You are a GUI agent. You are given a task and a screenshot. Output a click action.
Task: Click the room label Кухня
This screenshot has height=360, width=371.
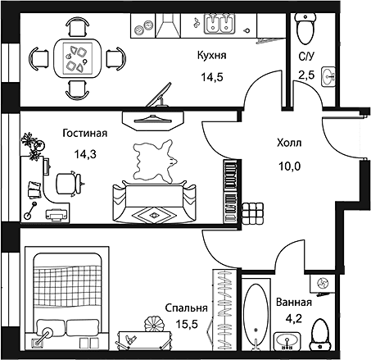[212, 56]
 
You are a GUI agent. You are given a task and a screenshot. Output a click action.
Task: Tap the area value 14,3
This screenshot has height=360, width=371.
[85, 155]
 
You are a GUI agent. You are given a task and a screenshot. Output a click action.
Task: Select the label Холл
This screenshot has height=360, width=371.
[289, 143]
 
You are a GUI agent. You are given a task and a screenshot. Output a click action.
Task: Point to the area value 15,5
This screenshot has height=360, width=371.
[187, 324]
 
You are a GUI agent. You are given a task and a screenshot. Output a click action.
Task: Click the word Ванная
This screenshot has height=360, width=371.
[294, 303]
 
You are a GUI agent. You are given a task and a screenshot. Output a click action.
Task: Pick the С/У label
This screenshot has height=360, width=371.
[306, 57]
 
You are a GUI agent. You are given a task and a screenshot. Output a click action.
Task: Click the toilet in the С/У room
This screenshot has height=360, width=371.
[305, 29]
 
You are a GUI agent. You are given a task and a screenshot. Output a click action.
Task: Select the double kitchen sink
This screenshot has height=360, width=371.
[219, 24]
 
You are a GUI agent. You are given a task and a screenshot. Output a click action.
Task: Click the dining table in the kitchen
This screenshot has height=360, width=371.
[78, 58]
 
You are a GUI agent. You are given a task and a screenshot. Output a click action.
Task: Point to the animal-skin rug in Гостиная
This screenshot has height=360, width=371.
[154, 162]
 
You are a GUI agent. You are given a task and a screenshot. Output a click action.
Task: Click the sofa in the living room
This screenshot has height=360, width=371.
[155, 203]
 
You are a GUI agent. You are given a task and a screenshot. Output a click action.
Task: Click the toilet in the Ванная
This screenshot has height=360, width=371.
[321, 335]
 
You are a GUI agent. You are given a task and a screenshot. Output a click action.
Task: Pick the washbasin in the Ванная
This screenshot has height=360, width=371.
[287, 341]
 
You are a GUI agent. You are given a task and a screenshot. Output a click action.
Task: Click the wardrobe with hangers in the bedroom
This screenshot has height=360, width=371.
[224, 310]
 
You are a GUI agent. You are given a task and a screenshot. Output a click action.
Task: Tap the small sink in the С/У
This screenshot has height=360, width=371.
[328, 77]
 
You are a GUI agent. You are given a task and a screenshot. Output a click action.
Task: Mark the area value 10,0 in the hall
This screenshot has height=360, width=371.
[289, 166]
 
